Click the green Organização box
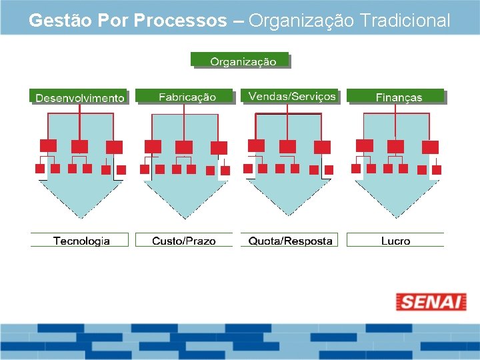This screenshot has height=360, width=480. click(x=241, y=61)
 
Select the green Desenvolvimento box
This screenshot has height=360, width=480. click(x=79, y=97)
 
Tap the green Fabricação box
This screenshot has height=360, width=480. click(x=186, y=97)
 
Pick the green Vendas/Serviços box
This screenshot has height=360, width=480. click(x=291, y=97)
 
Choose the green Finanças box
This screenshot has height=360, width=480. click(x=397, y=97)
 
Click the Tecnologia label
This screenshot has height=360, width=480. click(x=81, y=241)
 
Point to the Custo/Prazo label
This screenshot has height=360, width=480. click(x=184, y=241)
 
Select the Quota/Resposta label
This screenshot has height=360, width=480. click(x=290, y=241)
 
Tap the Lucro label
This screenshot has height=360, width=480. click(x=395, y=241)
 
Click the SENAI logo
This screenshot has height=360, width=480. click(x=431, y=302)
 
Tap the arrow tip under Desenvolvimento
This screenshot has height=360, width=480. click(x=80, y=215)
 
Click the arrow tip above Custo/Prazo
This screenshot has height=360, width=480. click(x=184, y=215)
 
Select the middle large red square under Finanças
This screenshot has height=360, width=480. click(x=396, y=146)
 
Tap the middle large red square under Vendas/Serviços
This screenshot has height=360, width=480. click(x=288, y=147)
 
